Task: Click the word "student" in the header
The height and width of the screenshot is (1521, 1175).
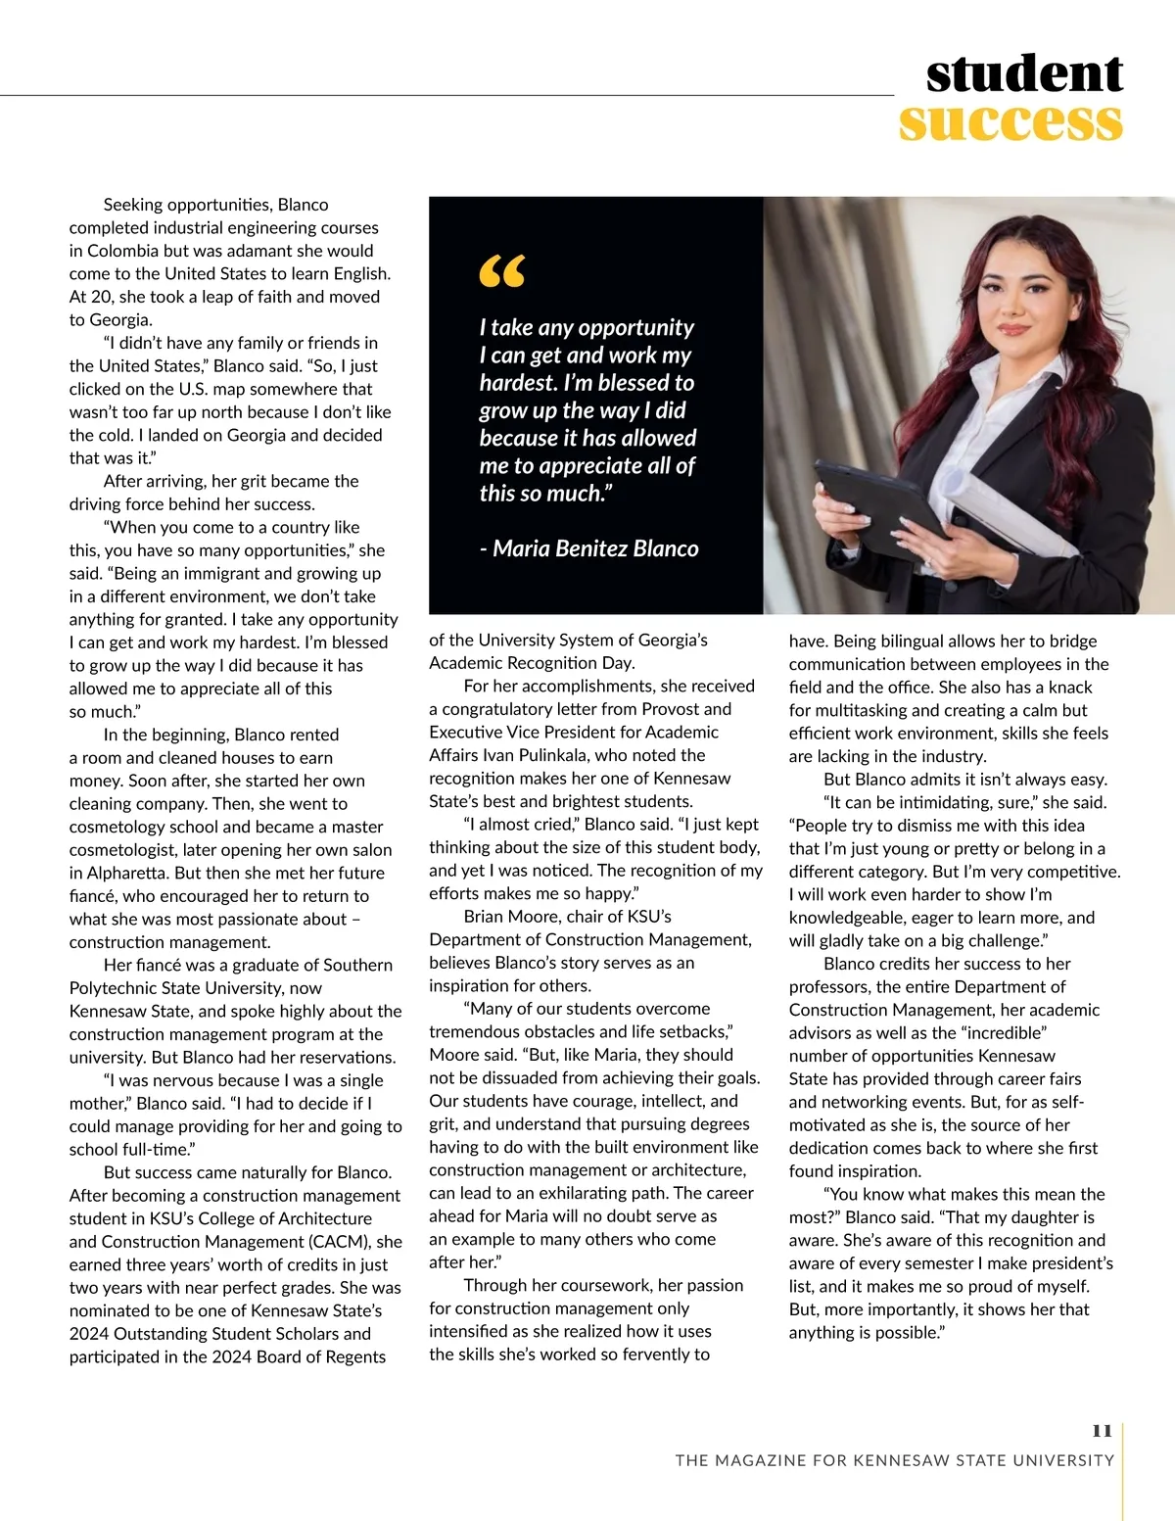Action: tap(1024, 74)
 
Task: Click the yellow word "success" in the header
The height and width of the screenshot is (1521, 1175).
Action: tap(1010, 122)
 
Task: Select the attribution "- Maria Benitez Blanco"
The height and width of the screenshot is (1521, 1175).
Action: tap(589, 548)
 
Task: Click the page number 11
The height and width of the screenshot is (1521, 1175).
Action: tap(1102, 1431)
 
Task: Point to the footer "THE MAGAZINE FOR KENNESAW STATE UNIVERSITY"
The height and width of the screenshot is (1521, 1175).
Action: tap(895, 1460)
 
